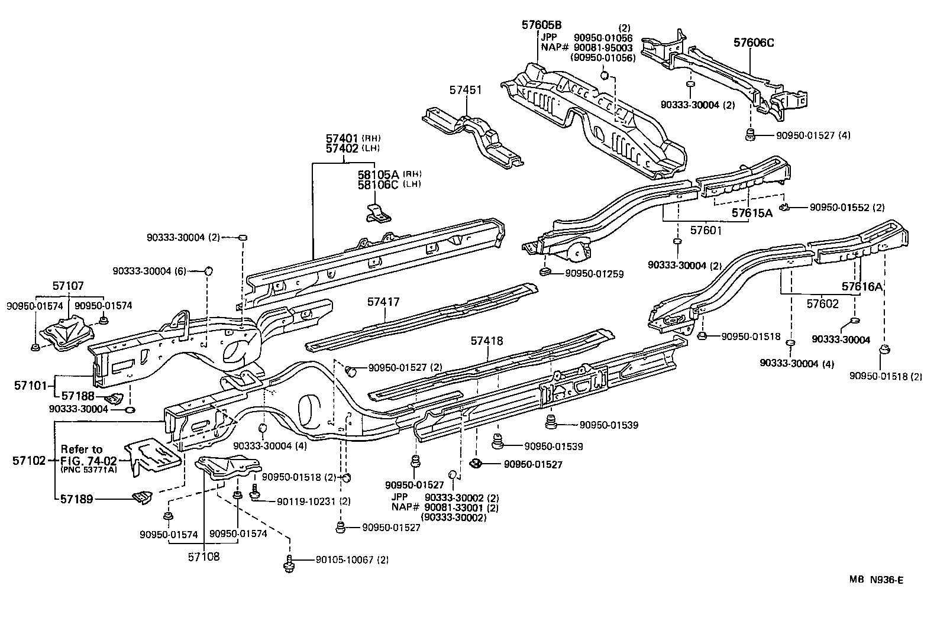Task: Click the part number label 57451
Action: click(x=465, y=90)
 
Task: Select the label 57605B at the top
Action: click(x=541, y=25)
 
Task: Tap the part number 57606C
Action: click(x=754, y=43)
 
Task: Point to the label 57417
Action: click(x=383, y=302)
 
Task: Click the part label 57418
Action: click(x=487, y=341)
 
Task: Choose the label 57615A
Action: click(x=752, y=213)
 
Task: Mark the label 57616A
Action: click(x=862, y=287)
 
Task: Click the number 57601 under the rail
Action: click(x=706, y=230)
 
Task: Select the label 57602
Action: click(x=822, y=303)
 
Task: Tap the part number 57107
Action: click(x=67, y=286)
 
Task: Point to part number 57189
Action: click(x=77, y=499)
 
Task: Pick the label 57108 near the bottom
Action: click(x=203, y=557)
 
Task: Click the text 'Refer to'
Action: click(x=82, y=449)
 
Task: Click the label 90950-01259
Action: click(x=594, y=274)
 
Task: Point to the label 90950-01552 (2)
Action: click(x=846, y=208)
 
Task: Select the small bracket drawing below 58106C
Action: click(x=378, y=214)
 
